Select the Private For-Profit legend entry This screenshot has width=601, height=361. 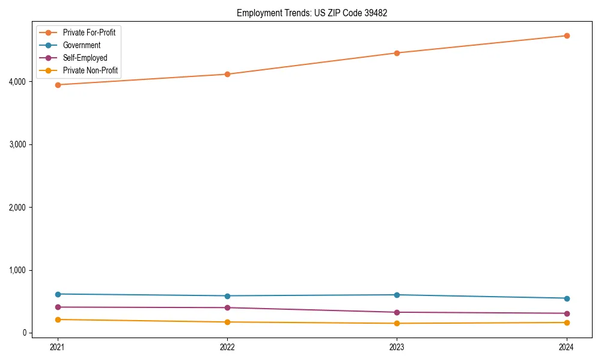tap(89, 32)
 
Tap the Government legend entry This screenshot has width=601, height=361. tap(82, 45)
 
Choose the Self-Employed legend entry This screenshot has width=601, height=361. tap(85, 58)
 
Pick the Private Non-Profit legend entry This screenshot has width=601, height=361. tap(90, 71)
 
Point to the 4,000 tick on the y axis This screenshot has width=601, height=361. tap(18, 82)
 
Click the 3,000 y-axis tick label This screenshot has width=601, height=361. tap(18, 144)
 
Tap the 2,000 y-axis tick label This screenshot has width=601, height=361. tap(18, 208)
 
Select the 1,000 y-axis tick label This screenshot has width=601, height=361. tap(18, 270)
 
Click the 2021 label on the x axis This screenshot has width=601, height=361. tap(58, 347)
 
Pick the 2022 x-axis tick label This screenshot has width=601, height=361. tap(227, 347)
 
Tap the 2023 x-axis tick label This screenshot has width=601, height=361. tap(397, 347)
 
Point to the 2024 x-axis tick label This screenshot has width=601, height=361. tap(566, 347)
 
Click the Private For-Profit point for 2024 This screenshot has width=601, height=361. tap(566, 35)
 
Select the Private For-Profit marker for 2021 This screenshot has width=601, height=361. tap(58, 85)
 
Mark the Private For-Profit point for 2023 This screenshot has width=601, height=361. tap(397, 53)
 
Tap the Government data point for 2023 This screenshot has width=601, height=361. tap(397, 295)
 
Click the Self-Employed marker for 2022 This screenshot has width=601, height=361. tap(227, 307)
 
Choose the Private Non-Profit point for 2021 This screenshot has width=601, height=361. tap(58, 319)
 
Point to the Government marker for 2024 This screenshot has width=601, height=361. tap(566, 298)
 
